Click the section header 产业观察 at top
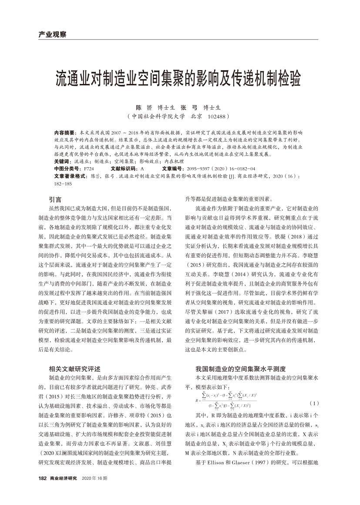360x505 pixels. (x=49, y=34)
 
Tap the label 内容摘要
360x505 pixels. (x=64, y=131)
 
